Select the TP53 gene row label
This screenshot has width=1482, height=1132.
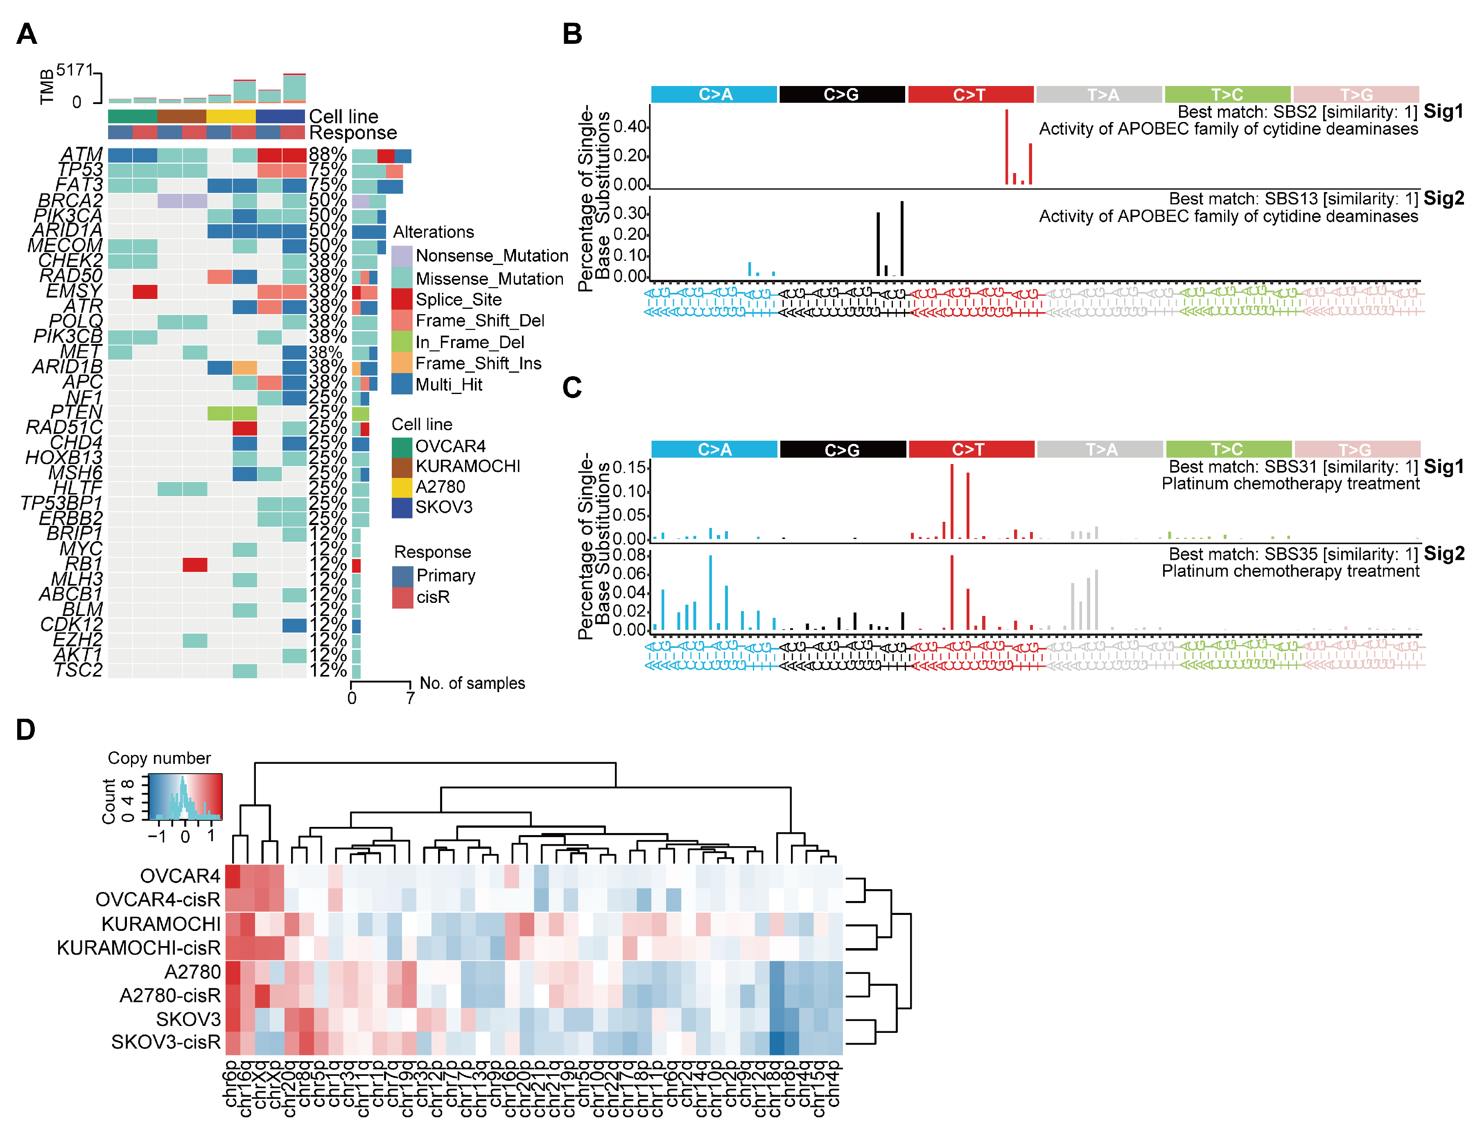tap(80, 170)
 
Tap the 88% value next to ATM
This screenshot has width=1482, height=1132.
tap(328, 155)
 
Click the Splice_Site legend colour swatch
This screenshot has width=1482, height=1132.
tap(402, 299)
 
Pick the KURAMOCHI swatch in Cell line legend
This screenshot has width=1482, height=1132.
tap(402, 467)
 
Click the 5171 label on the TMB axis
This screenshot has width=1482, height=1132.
tap(75, 70)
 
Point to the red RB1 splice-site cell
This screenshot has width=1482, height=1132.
tap(195, 565)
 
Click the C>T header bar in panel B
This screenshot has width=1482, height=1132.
tap(969, 94)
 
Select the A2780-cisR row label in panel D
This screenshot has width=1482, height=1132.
tap(170, 995)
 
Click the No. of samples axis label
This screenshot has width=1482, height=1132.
tap(472, 683)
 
